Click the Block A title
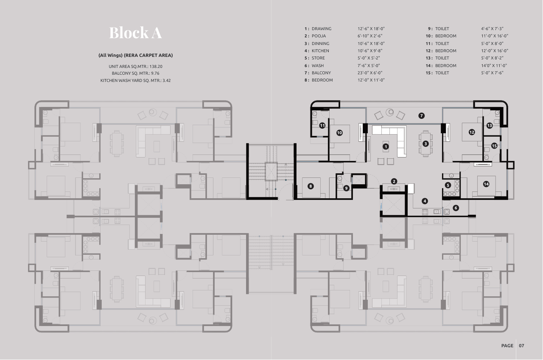[x=135, y=33]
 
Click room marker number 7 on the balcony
[x=422, y=116]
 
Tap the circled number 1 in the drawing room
[x=386, y=146]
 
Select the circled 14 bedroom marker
[x=486, y=184]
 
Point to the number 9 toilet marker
[x=346, y=188]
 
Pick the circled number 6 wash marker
[x=456, y=208]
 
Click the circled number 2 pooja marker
[x=394, y=181]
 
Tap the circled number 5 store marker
[x=448, y=185]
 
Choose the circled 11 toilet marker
[x=322, y=125]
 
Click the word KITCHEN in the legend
[x=320, y=51]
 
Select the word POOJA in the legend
[x=319, y=36]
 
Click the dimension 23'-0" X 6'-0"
[x=370, y=73]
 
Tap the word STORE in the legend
[x=318, y=58]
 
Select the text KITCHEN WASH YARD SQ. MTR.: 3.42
[x=135, y=81]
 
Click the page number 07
[x=521, y=346]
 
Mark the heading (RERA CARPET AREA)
[x=148, y=55]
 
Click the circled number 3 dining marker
[x=425, y=143]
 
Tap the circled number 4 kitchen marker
[x=425, y=201]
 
